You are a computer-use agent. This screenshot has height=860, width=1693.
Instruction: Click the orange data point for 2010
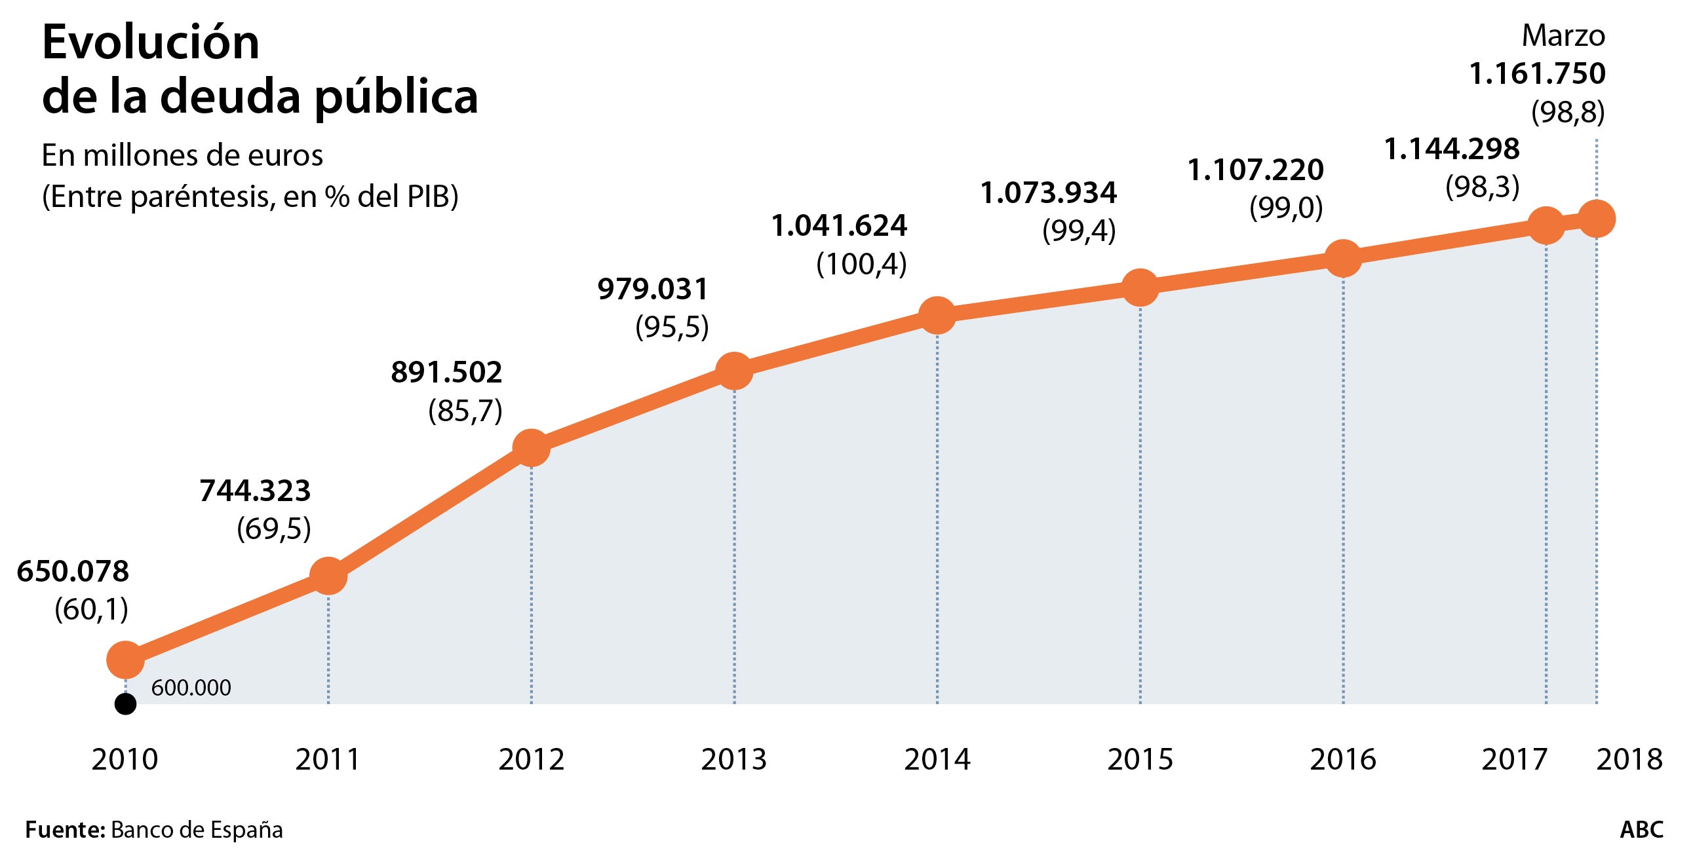125,658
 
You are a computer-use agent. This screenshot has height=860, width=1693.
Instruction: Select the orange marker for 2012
531,447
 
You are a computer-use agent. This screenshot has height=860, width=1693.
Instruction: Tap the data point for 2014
937,314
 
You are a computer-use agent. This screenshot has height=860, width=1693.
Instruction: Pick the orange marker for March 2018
1597,219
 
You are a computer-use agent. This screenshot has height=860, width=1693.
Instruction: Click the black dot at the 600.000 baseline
125,704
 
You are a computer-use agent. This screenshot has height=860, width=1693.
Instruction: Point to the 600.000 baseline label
191,688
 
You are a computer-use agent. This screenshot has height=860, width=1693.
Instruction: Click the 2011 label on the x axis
328,760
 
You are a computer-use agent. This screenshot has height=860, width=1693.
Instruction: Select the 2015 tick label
1140,760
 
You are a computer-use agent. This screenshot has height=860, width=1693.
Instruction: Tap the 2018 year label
1629,760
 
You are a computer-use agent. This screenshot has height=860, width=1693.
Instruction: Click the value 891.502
447,373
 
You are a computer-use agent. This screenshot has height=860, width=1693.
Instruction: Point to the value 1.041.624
839,226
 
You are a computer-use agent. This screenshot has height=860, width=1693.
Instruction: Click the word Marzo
1563,36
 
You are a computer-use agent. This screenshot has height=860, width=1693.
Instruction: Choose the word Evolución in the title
151,43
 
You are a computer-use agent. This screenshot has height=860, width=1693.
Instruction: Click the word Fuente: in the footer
65,830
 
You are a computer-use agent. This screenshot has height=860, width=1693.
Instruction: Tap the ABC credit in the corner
1641,830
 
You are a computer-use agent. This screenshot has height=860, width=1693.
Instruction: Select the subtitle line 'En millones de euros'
182,157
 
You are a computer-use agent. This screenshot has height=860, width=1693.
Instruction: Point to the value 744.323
255,491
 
